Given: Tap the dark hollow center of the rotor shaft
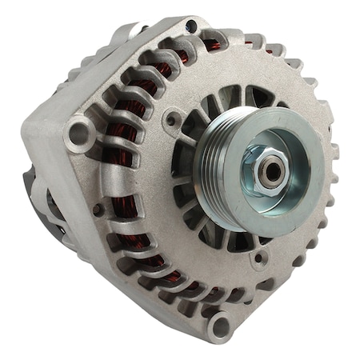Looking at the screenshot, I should click(273, 169).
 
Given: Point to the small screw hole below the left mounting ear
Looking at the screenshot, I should click(98, 210).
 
